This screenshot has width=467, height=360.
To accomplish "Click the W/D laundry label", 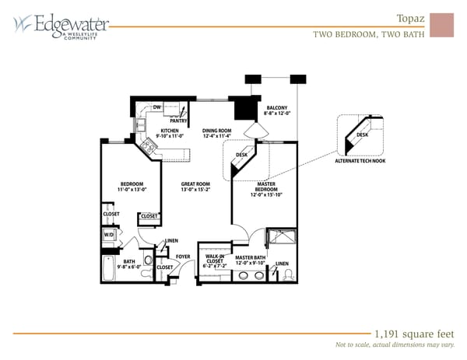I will click(x=109, y=234).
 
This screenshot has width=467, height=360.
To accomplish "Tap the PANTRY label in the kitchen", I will click(x=178, y=121).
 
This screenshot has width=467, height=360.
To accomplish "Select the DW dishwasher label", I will click(x=156, y=107).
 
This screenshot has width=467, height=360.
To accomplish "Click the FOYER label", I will click(x=183, y=256).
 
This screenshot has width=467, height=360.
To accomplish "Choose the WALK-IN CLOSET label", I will click(x=216, y=260).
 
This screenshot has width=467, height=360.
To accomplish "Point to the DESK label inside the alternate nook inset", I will click(x=363, y=135).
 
